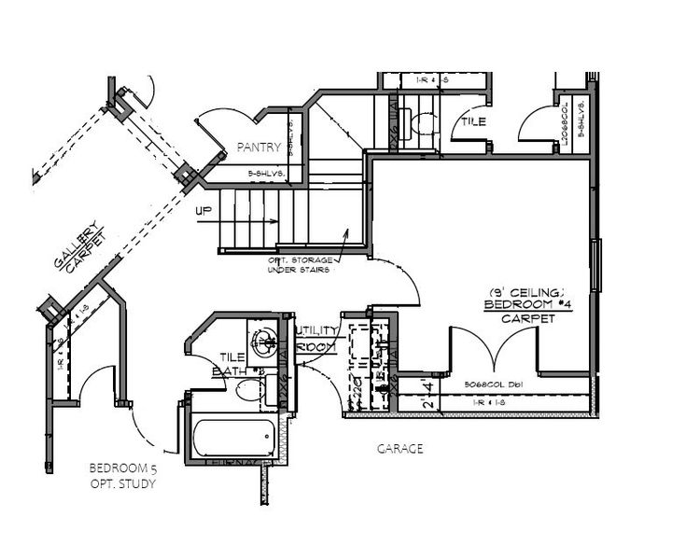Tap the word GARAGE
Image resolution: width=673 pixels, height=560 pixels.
[x=400, y=449]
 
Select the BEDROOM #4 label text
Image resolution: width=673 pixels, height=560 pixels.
[x=519, y=305]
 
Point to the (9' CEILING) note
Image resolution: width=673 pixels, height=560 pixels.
[x=519, y=291]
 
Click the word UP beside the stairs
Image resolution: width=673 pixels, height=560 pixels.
[x=203, y=211]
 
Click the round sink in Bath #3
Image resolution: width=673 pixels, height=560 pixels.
[x=262, y=338]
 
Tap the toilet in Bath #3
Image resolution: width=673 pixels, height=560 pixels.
[x=248, y=392]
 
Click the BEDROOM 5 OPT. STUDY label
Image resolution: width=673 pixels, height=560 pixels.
[x=121, y=475]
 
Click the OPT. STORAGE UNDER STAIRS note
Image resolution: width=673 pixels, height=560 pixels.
[x=302, y=265]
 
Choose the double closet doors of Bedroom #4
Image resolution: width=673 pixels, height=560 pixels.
[x=494, y=350]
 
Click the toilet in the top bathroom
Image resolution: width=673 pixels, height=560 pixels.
[x=422, y=122]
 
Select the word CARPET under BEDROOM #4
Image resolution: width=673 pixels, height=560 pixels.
[x=519, y=318]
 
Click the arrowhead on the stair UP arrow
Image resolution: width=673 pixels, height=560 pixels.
[x=273, y=222]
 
